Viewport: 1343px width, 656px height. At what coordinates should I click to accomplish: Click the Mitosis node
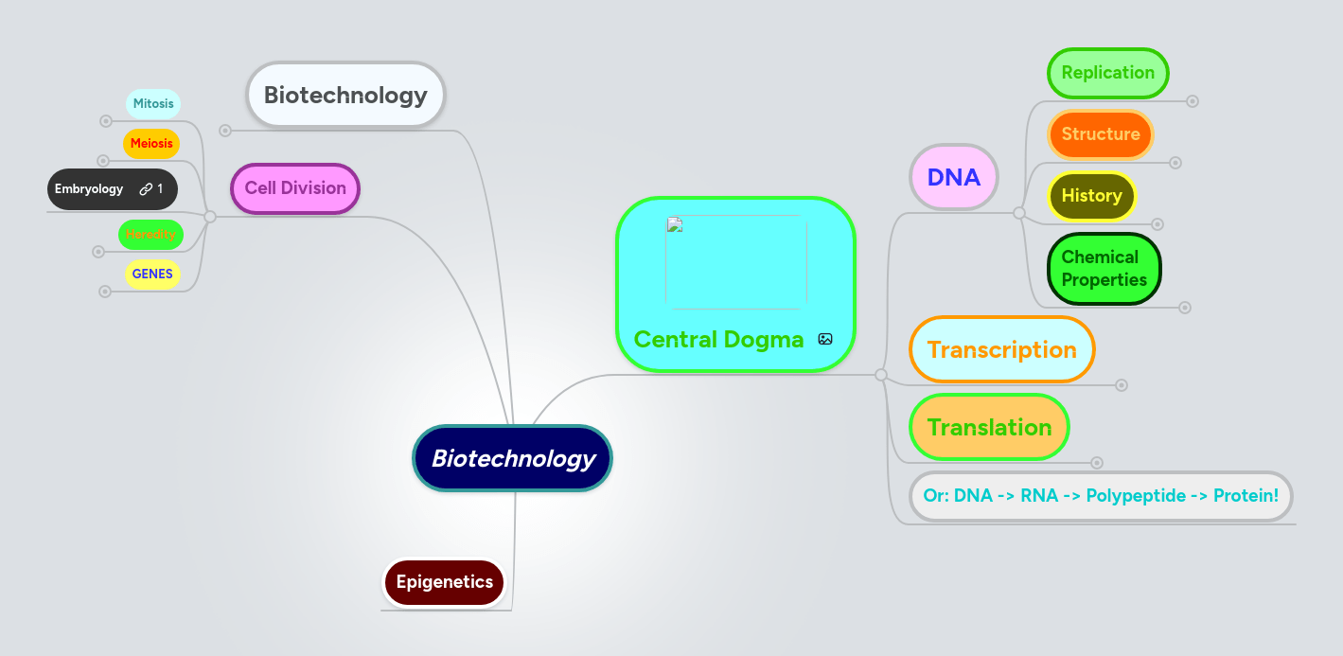click(152, 104)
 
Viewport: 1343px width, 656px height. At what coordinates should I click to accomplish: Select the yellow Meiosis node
click(151, 144)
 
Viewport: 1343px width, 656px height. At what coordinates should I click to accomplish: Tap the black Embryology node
click(90, 189)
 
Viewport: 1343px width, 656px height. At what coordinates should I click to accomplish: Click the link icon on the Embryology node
click(146, 189)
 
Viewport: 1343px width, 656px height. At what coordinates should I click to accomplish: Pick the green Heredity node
click(150, 234)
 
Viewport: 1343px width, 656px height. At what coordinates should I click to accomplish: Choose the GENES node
click(152, 275)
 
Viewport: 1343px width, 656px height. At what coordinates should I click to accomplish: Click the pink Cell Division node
click(295, 188)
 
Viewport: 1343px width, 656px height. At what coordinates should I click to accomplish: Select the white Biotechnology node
click(345, 96)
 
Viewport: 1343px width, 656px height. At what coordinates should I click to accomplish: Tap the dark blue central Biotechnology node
click(513, 459)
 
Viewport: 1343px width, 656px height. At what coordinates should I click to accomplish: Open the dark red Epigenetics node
click(444, 582)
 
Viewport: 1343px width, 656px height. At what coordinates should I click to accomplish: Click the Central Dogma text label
click(718, 340)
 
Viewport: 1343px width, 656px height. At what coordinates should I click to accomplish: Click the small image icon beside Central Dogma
click(825, 339)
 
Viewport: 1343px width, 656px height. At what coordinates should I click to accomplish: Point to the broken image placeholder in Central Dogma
click(735, 261)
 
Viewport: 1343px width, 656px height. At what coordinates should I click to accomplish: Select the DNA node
click(953, 177)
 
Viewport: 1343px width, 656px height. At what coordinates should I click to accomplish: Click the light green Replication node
click(1107, 73)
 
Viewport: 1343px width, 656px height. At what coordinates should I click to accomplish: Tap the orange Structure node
click(1100, 134)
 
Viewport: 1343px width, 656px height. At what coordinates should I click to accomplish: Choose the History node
click(1091, 196)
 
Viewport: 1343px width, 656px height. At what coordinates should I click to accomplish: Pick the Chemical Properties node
click(1104, 269)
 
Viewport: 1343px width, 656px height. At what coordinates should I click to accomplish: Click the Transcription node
click(1001, 350)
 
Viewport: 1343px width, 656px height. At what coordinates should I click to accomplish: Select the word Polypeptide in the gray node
click(1134, 496)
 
